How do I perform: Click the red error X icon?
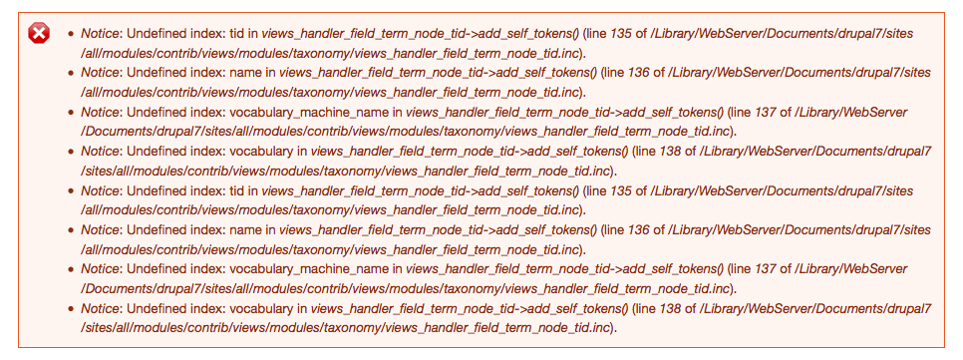click(39, 34)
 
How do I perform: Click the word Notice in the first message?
click(102, 34)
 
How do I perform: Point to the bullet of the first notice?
click(70, 34)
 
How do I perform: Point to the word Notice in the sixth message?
click(102, 229)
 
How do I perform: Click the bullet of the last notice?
click(70, 307)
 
